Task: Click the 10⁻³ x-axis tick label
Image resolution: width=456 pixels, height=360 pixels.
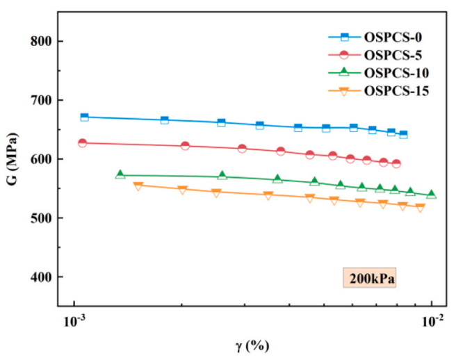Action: point(74,322)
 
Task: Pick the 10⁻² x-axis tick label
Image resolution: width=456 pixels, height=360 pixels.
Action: point(432,322)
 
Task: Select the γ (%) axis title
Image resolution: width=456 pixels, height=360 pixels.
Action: point(252,345)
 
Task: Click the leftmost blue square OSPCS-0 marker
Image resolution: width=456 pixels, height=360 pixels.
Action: point(85,117)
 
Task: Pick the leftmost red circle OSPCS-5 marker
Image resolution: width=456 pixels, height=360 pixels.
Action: point(82,143)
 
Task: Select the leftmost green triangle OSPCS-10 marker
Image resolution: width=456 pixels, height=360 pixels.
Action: point(120,174)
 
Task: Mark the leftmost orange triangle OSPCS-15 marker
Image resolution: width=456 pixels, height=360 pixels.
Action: point(138,186)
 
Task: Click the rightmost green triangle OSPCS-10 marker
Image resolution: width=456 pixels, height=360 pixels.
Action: point(431,195)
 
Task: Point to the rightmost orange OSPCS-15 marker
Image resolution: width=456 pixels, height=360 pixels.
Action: point(420,208)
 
